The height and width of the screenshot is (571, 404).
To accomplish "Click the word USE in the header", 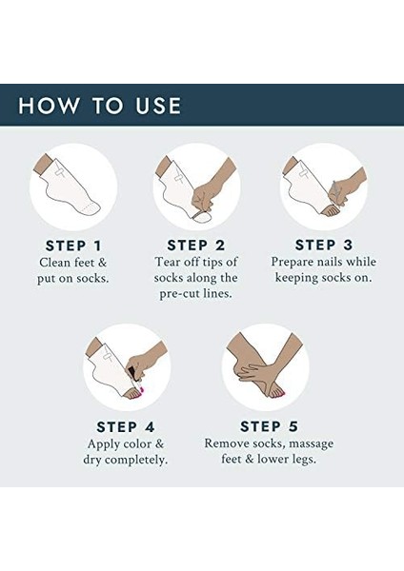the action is [158, 106].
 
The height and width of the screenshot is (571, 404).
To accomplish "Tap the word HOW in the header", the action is [49, 106].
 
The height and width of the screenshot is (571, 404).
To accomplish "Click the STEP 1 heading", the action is [73, 246].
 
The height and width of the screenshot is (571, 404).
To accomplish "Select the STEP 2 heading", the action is [196, 246].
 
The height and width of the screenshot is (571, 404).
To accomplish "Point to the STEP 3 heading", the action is [324, 246].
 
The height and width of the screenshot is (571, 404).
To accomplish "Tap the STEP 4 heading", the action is [126, 427].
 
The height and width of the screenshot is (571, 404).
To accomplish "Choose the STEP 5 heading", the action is [269, 426].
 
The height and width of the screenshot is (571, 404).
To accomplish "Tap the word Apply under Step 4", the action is [104, 444].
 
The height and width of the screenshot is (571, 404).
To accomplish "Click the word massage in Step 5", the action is [311, 443].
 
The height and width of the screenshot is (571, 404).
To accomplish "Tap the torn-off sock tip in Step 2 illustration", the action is [203, 217].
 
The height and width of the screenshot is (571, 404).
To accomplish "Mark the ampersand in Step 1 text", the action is [102, 263].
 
